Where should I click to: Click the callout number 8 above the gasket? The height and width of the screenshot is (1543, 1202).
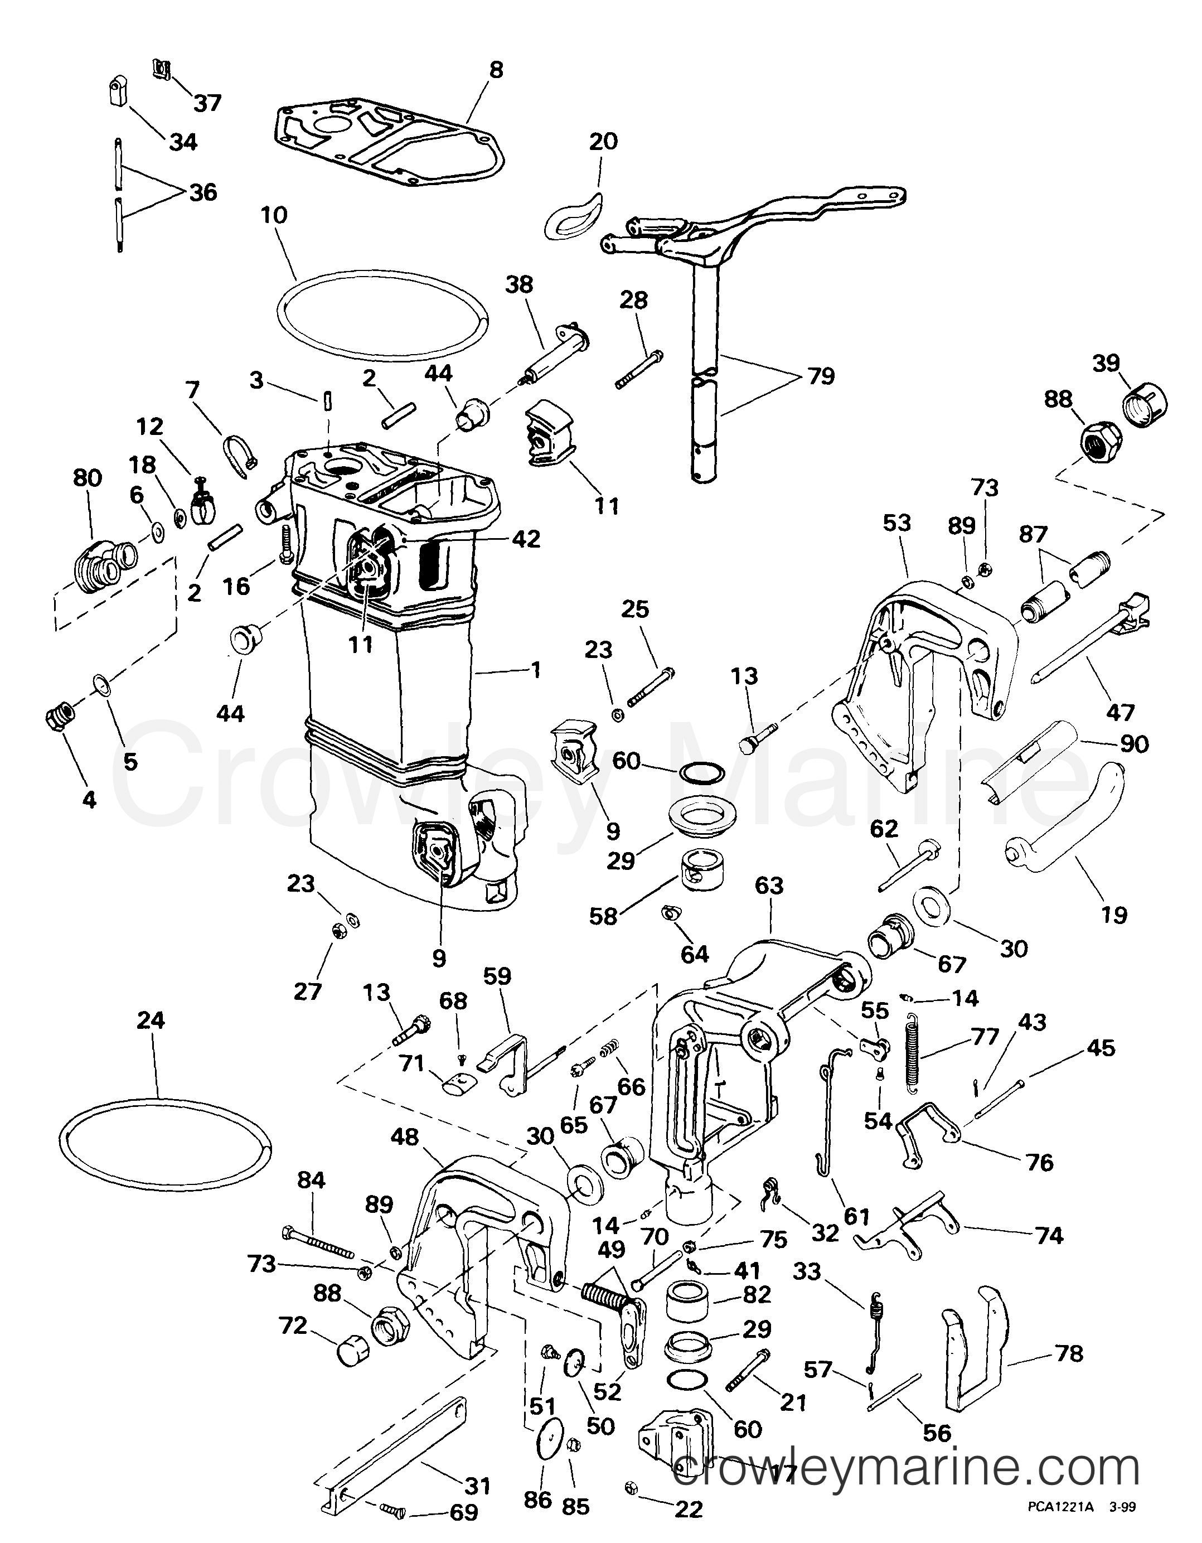coord(497,71)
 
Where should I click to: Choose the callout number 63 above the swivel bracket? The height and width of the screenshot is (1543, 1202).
coord(768,886)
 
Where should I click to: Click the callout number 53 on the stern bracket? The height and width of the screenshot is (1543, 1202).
coord(897,524)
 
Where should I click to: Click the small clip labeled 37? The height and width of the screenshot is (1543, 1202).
coord(162,68)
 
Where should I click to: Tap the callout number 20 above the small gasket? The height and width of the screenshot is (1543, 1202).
coord(603,141)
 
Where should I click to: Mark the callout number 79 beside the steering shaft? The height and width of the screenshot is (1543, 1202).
coord(821,376)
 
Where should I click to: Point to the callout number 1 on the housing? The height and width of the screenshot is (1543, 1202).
coord(536,670)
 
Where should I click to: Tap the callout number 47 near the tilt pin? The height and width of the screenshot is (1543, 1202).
coord(1120,712)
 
